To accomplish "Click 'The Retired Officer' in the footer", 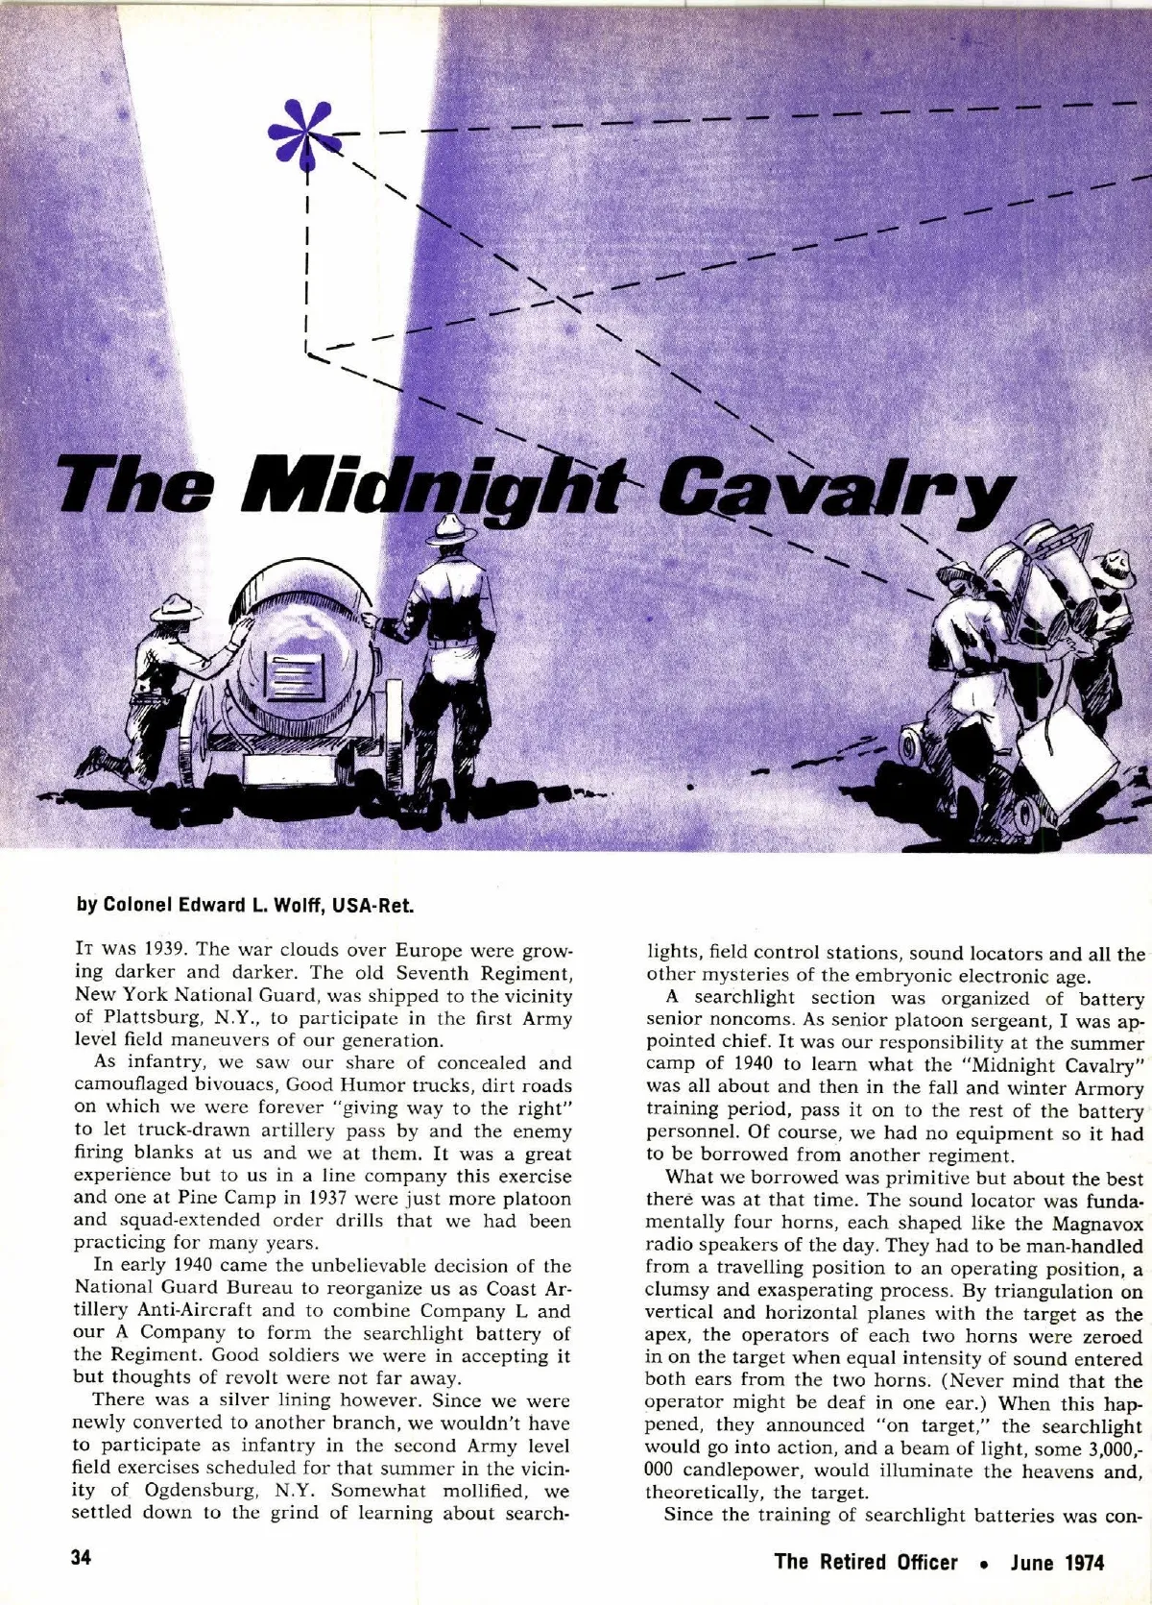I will [865, 1562].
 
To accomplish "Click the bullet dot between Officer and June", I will [983, 1563].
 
